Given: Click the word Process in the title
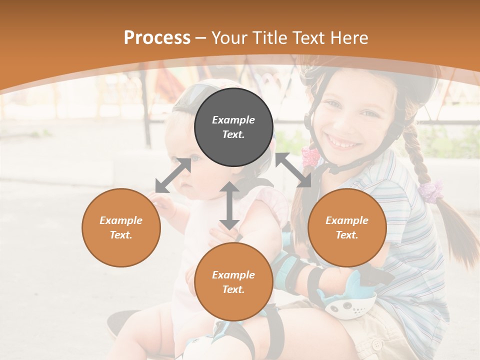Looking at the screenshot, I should tap(157, 38).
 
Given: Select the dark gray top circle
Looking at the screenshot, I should tap(233, 127).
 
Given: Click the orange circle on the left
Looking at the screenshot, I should tap(121, 227).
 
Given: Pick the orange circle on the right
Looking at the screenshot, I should tap(347, 227).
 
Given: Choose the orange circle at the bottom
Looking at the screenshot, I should tap(233, 282).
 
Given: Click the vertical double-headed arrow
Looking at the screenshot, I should tap(229, 205).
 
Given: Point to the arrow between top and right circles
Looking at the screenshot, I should tap(293, 170).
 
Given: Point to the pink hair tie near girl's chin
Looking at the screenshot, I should tap(310, 156).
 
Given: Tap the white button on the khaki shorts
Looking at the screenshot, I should tap(377, 344).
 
